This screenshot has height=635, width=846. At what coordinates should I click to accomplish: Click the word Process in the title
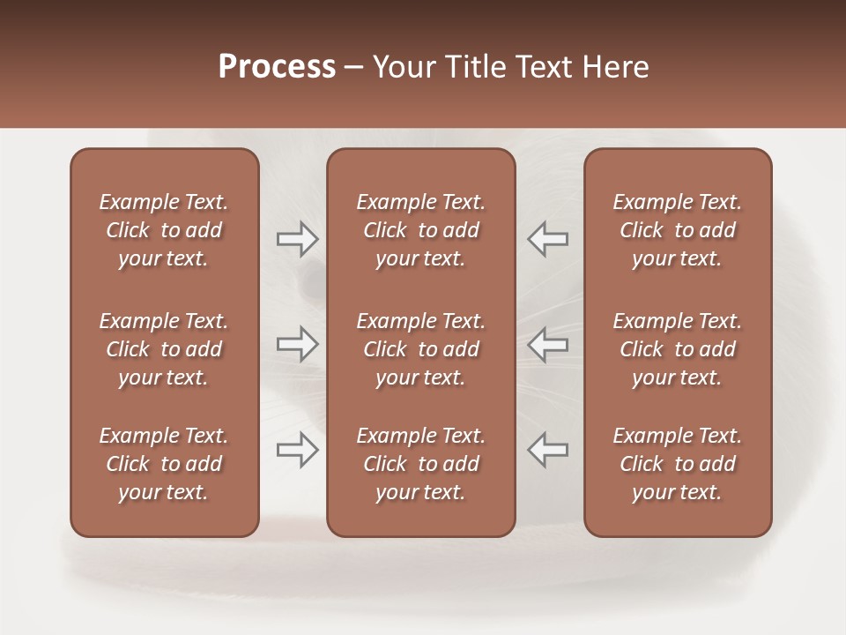pyautogui.click(x=277, y=67)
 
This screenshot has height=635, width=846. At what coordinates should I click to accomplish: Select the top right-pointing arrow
pyautogui.click(x=297, y=239)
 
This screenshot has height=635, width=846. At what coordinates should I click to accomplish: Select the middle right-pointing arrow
pyautogui.click(x=297, y=344)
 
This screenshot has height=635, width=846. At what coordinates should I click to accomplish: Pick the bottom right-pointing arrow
pyautogui.click(x=297, y=450)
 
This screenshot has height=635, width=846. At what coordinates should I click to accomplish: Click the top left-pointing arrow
pyautogui.click(x=547, y=239)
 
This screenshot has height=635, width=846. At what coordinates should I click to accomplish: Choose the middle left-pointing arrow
pyautogui.click(x=547, y=344)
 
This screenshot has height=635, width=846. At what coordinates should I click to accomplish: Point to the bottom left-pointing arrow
pyautogui.click(x=547, y=450)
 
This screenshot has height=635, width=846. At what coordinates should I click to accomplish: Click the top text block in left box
pyautogui.click(x=164, y=230)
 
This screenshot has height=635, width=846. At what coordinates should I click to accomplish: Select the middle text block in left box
pyautogui.click(x=164, y=349)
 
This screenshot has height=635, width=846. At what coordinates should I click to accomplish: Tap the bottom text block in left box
pyautogui.click(x=164, y=464)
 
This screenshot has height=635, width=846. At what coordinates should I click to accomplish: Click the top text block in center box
pyautogui.click(x=420, y=230)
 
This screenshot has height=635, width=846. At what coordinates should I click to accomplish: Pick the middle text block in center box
pyautogui.click(x=420, y=349)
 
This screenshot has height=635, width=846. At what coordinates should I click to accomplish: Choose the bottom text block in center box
pyautogui.click(x=420, y=464)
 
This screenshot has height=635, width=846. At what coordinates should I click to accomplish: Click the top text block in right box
pyautogui.click(x=677, y=230)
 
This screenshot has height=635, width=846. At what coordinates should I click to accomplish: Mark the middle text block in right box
pyautogui.click(x=677, y=349)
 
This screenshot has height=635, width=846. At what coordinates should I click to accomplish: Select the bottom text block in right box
pyautogui.click(x=677, y=464)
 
